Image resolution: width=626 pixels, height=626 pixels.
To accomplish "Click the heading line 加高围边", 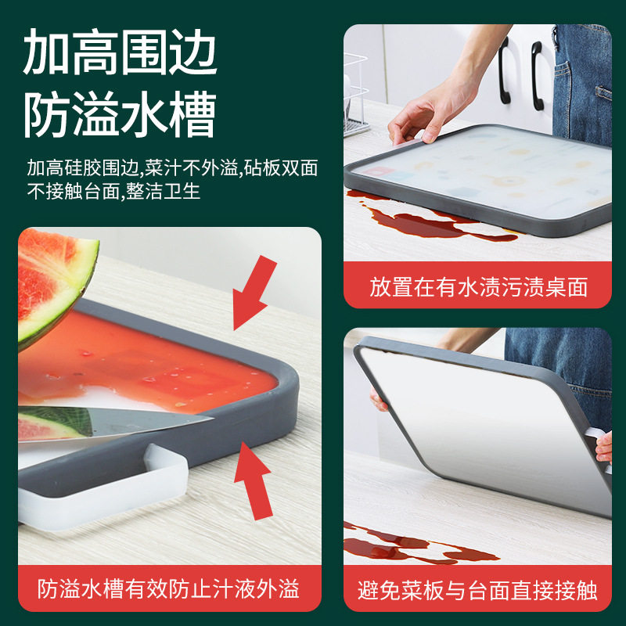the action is pos(120,52).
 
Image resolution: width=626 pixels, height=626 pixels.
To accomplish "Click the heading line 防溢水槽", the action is pos(120,114).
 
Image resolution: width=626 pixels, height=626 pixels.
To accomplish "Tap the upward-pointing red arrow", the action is pos(254,481).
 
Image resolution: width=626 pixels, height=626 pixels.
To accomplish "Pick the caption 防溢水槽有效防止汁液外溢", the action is pos(168,589).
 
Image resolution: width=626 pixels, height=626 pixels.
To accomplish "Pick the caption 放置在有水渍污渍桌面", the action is pos(478,287).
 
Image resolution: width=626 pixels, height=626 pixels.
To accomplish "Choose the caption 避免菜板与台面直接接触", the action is pos(477,591).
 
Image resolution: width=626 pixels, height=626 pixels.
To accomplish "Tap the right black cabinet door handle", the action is pos(538,75).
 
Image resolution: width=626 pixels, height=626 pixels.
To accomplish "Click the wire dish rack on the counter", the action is pos(355,95).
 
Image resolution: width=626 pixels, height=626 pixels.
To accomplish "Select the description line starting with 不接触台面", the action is pos(113,191).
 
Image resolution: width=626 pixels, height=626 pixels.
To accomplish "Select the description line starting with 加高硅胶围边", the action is pos(172,167).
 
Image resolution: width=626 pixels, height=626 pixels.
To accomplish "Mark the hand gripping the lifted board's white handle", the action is pos(603,447).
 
